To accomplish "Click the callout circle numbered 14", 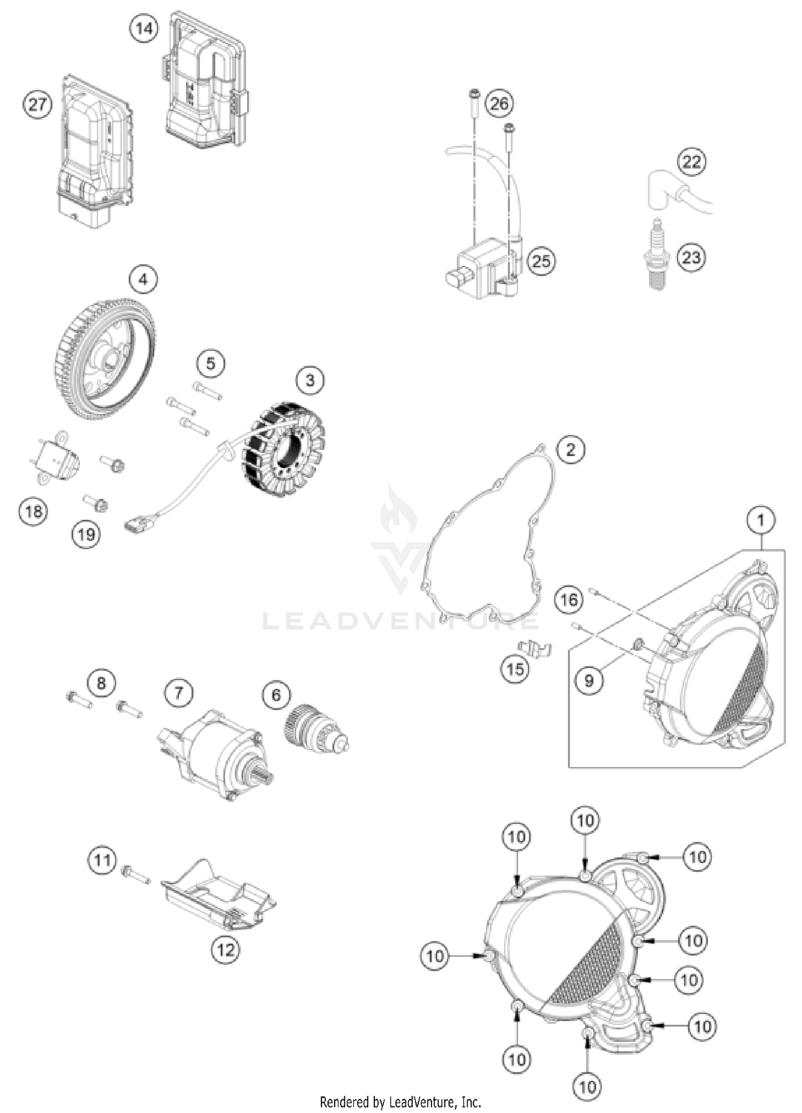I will (x=144, y=29).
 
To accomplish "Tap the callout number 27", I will (x=37, y=104).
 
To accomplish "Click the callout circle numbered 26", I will (x=499, y=103).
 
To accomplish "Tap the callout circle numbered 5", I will (x=210, y=364).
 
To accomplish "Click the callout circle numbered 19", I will (x=86, y=534).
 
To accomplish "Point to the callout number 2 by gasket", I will (x=570, y=449).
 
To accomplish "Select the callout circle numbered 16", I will (x=568, y=600).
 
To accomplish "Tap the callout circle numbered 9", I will (x=589, y=680).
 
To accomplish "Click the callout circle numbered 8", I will (x=102, y=682).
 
